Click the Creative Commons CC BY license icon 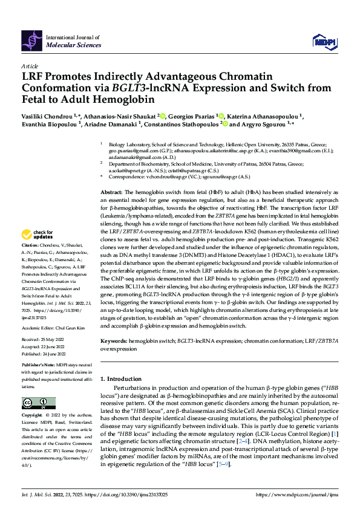point(34,403)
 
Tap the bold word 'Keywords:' point(114,341)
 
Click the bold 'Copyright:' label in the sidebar point(34,416)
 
